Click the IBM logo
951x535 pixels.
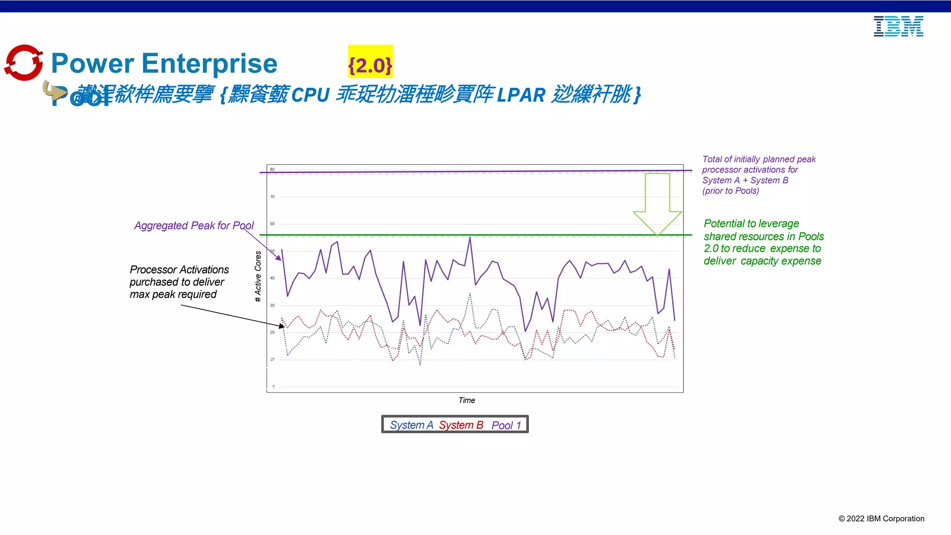898,26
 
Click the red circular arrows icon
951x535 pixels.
24,63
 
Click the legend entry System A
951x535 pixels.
411,425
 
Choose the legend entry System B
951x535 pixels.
461,425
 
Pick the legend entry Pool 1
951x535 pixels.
506,425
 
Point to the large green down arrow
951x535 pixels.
657,203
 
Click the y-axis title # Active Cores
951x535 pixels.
258,276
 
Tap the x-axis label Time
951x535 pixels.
467,400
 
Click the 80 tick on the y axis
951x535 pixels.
273,170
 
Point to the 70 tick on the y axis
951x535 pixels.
273,197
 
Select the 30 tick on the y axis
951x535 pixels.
273,306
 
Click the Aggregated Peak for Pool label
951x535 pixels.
194,226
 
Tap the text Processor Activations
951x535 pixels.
179,270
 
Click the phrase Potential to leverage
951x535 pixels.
751,224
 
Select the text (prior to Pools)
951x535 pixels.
730,191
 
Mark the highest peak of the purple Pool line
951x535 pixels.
470,238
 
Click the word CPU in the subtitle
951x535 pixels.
310,95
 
